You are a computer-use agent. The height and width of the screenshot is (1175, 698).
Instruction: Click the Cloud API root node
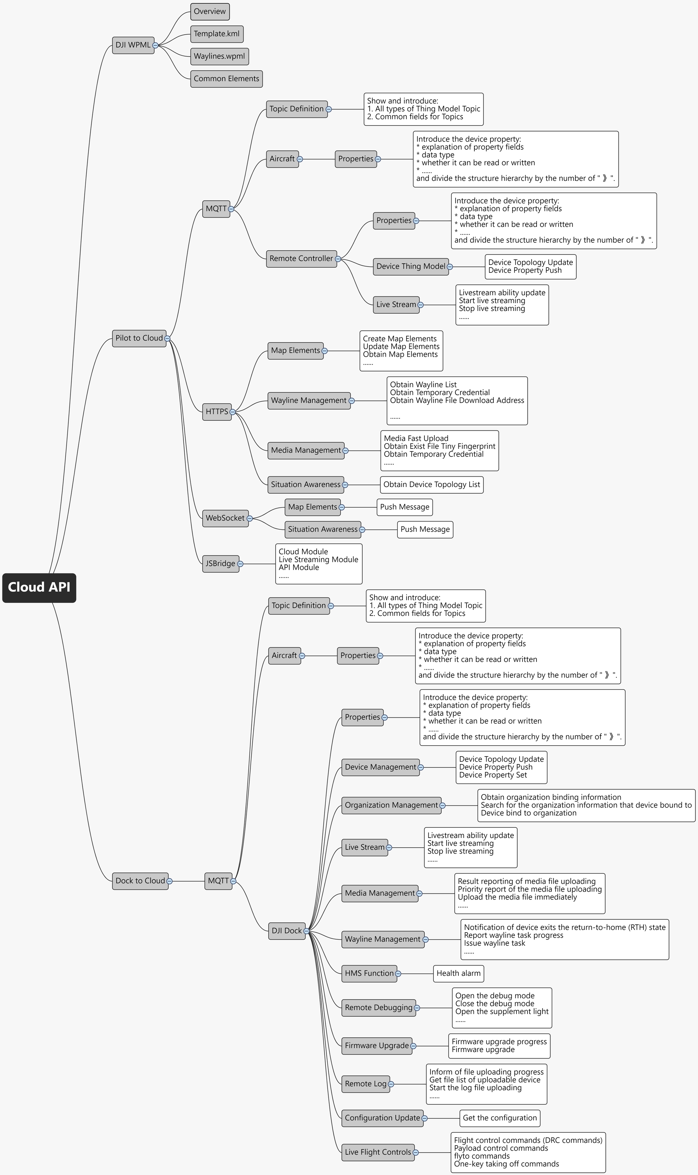tap(39, 587)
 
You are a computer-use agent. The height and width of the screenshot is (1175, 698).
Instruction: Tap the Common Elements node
tap(226, 78)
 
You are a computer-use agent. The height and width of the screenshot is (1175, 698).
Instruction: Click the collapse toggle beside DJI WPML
tap(155, 46)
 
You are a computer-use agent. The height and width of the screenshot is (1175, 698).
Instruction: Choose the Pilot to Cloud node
tap(139, 338)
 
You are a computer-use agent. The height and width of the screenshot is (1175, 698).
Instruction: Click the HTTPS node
tap(216, 412)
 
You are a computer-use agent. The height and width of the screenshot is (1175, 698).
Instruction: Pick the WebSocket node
tap(225, 518)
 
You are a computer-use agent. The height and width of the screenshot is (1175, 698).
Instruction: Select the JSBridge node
tap(220, 563)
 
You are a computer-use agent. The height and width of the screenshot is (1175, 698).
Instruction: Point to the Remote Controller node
tap(301, 259)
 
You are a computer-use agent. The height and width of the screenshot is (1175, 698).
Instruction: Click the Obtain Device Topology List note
tap(431, 485)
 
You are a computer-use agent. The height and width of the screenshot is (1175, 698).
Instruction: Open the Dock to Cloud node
tap(140, 881)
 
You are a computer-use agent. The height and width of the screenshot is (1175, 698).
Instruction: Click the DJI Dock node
tap(287, 931)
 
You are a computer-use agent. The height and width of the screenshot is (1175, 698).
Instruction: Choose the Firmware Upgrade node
tap(376, 1046)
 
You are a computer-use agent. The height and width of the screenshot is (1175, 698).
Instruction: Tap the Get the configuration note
tap(500, 1118)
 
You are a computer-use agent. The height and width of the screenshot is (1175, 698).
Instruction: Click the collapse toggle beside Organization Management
tap(442, 806)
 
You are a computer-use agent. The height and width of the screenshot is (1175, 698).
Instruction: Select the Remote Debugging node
tap(378, 1007)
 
